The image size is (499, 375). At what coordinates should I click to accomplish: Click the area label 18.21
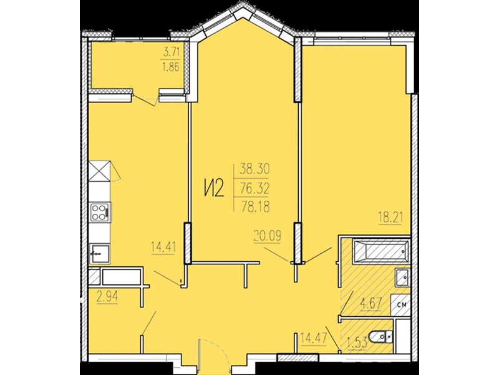click(x=391, y=219)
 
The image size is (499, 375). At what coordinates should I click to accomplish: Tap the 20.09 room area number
click(x=268, y=237)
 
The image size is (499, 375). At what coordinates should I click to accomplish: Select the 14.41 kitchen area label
click(x=163, y=247)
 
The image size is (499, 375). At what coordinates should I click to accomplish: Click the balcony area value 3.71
click(x=171, y=52)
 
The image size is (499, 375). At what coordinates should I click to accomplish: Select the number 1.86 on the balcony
click(x=171, y=67)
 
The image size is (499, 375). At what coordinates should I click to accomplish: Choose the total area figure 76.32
click(x=254, y=189)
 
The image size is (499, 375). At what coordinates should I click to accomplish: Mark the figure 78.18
click(x=255, y=207)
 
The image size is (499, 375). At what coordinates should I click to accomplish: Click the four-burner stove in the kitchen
click(x=100, y=212)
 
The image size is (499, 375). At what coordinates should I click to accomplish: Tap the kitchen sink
click(x=100, y=254)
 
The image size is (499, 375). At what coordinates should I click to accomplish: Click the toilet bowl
click(x=381, y=337)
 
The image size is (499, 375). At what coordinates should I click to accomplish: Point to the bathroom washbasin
click(x=402, y=277)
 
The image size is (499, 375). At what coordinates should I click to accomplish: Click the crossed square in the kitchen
click(x=99, y=171)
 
